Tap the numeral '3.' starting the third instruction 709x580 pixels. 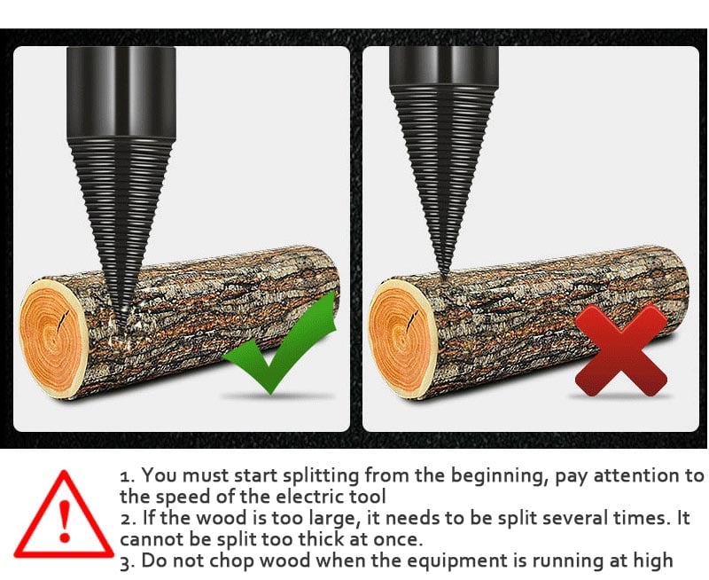click(127, 560)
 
